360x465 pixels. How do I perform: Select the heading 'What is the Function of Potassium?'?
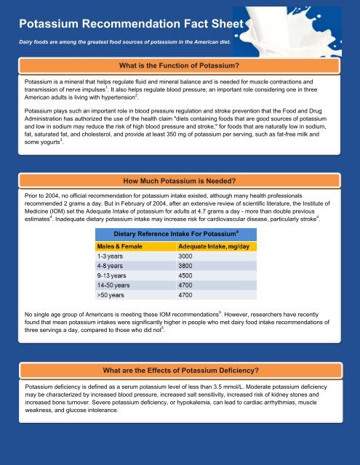[180, 67]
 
